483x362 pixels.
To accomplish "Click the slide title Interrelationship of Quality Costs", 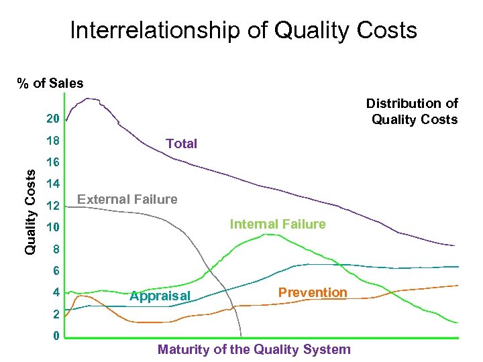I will click(x=243, y=30).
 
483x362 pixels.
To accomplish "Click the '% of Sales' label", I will click(x=50, y=84).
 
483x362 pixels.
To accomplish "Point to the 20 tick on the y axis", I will click(x=52, y=119).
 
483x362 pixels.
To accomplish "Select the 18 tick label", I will click(x=52, y=141).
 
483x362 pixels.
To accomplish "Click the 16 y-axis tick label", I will click(x=52, y=163).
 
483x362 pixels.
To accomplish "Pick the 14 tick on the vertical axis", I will click(x=52, y=184).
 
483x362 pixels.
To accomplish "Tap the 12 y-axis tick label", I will click(x=52, y=206).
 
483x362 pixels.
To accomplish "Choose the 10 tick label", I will click(x=52, y=228).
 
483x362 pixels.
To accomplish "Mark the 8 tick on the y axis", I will click(x=56, y=249).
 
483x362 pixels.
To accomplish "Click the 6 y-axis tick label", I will click(x=56, y=271).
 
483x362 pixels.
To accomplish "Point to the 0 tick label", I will click(x=56, y=335).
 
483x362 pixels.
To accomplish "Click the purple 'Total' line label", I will click(x=181, y=143).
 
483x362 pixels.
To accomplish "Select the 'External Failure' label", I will click(x=127, y=199).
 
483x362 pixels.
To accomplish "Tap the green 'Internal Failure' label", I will click(x=278, y=224).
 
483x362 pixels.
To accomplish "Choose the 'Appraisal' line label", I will click(x=160, y=296).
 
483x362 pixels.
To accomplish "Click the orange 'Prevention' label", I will click(x=313, y=292).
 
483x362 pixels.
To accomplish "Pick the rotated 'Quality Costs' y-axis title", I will click(x=30, y=210).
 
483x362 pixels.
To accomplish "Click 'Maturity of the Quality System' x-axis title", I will click(x=254, y=349).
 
